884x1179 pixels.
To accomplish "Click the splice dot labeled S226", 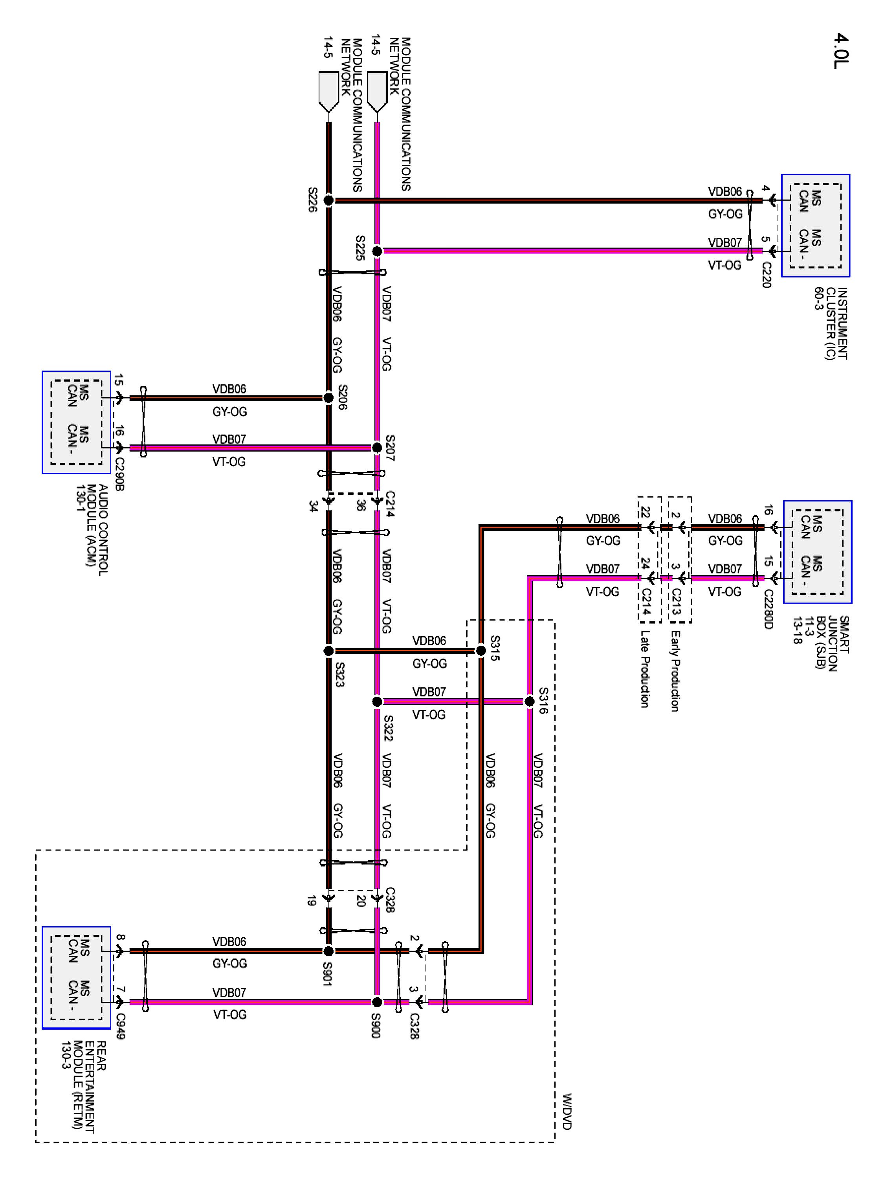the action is pos(329,200).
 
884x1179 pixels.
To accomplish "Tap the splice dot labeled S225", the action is pos(377,250).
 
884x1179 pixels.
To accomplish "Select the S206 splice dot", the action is pos(329,398).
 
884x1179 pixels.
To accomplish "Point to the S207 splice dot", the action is pos(377,448).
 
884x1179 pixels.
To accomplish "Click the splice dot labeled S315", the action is pos(481,650).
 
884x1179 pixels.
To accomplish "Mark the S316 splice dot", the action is pos(529,702).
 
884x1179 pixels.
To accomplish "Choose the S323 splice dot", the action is pos(329,650).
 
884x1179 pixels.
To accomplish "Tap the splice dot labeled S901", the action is pos(329,951).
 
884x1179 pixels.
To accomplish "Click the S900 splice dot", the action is pos(377,1001).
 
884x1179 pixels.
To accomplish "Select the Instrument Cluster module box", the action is pos(815,226).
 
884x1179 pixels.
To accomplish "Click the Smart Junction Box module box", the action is pos(817,552).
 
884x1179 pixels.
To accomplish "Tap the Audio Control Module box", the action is pos(76,422).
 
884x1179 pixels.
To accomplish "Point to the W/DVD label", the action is pos(567,1111).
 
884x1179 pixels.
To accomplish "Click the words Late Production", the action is pos(645,669).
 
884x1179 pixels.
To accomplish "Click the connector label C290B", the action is pos(119,474).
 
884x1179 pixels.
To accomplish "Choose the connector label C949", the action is pos(121,1026).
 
